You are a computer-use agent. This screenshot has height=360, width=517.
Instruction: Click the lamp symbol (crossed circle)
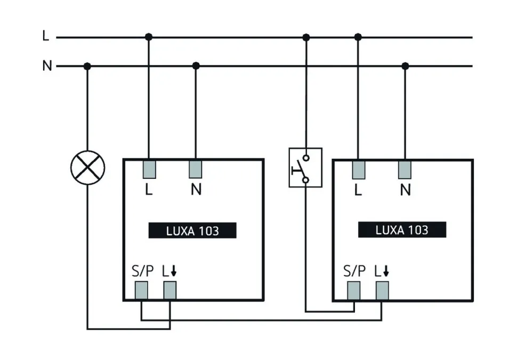pos(88,167)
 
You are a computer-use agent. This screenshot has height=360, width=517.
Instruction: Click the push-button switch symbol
pos(305,168)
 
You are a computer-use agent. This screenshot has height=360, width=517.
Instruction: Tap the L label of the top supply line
pos(46,36)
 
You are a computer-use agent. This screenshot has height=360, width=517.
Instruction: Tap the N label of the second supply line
pos(47,66)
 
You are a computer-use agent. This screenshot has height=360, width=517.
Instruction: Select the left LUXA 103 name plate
pos(192,231)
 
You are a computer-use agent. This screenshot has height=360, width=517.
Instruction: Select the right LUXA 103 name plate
pos(402,230)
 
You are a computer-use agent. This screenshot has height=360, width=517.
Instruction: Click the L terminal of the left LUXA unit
pos(149,170)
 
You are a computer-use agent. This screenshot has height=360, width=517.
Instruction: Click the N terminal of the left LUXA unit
pos(196,170)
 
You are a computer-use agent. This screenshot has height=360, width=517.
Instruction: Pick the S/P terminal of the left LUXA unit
pos(141,290)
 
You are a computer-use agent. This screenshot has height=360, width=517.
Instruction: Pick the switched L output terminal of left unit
pos(169,290)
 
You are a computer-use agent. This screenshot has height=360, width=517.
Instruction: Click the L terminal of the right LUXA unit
pos(358,170)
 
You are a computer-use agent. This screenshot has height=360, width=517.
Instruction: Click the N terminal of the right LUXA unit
pos(405,170)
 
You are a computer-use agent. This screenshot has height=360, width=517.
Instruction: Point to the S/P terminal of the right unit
pos(354,290)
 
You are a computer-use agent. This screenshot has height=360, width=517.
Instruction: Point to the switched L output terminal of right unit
pos(382,290)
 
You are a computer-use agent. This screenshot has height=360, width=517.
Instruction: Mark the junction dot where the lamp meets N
pos(87,66)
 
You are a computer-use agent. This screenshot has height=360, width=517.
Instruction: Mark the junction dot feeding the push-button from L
pos(306,37)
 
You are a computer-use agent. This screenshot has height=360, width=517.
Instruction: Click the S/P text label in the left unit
pos(142,271)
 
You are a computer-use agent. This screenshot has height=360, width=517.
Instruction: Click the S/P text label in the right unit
pos(354,271)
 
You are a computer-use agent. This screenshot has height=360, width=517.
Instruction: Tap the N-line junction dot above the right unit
pos(405,66)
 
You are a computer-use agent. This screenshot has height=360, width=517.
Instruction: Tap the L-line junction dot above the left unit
pos(149,37)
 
